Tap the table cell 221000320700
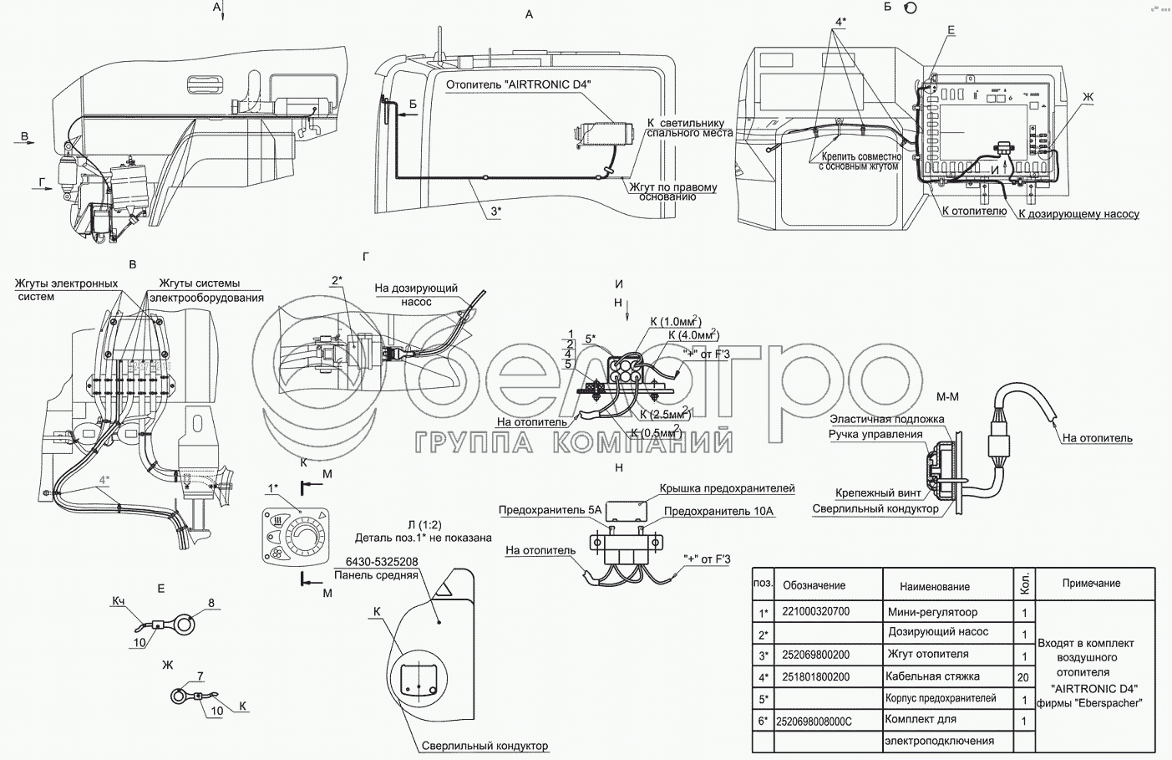(x=815, y=611)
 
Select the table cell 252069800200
(x=815, y=655)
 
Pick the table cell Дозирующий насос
(x=937, y=632)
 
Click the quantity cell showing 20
(x=1024, y=677)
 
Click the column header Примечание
(x=1091, y=583)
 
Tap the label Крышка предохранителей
(x=727, y=488)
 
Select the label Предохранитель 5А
(x=550, y=510)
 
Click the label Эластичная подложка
(x=886, y=419)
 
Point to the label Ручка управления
(x=875, y=434)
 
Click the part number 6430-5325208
(x=376, y=562)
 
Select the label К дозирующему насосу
(x=1078, y=214)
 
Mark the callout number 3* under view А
(x=495, y=212)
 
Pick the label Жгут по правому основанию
(x=673, y=191)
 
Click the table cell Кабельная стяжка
(x=932, y=676)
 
